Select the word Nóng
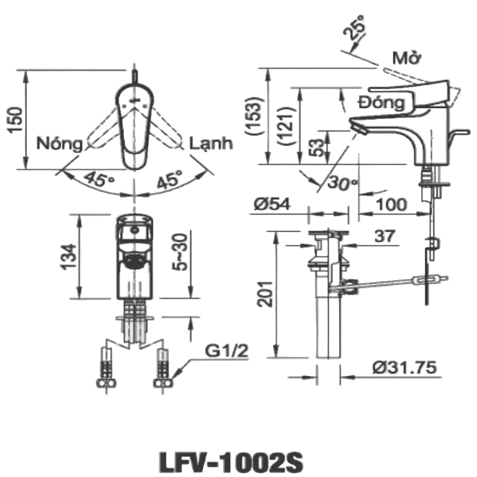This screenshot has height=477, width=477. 60,144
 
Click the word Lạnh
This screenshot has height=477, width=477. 211,144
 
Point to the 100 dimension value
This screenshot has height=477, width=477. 392,204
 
